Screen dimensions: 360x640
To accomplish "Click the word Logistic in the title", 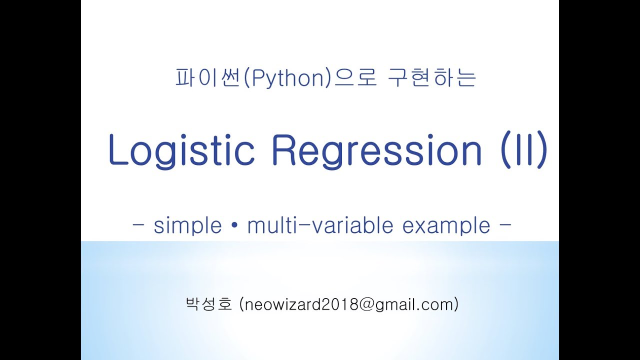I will [x=181, y=150].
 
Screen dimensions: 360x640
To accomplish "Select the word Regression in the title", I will [x=377, y=150].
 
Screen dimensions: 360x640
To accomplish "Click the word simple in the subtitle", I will [x=187, y=226].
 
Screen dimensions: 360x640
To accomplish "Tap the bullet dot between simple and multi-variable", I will [x=234, y=226].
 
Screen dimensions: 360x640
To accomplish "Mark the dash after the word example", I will [x=505, y=226].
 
